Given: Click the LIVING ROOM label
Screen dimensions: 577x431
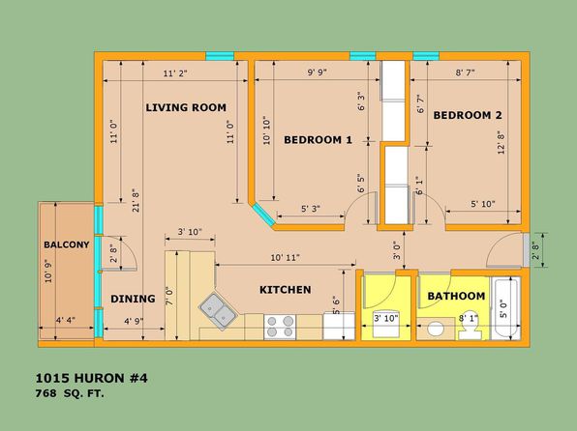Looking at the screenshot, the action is coord(186,107).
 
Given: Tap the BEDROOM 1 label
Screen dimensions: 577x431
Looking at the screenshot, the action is coord(318,140).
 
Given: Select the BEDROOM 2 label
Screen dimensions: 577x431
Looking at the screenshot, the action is coord(468,115).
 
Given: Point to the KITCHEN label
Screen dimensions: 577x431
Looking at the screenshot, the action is coord(286,290).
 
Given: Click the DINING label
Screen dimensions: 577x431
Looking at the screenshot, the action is coord(133,299).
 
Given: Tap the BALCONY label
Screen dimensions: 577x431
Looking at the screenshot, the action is coord(67,244).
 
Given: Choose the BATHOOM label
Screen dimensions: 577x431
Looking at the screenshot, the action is coord(456,296).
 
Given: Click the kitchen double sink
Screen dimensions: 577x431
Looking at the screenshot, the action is coord(218,311).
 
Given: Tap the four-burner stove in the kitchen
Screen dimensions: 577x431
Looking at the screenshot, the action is coord(280,327).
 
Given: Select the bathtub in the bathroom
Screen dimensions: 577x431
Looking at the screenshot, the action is coord(505,308).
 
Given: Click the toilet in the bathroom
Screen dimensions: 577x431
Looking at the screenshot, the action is coord(470,328).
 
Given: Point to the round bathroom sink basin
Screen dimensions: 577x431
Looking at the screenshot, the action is coord(436,329).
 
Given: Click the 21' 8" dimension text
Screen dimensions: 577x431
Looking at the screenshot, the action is coord(136,200).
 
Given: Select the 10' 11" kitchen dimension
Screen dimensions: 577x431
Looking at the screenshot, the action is coord(286,258).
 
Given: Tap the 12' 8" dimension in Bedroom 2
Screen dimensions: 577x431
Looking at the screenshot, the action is coord(501,143).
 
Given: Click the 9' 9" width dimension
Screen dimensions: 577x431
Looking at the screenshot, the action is coord(318,72).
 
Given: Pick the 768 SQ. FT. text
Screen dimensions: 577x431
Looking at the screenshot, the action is coord(70,393).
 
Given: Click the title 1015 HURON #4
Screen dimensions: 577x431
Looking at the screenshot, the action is coord(91,378).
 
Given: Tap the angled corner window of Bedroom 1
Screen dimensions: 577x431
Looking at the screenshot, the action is coord(264,215).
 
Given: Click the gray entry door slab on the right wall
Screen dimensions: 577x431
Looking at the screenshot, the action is coord(527,250).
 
